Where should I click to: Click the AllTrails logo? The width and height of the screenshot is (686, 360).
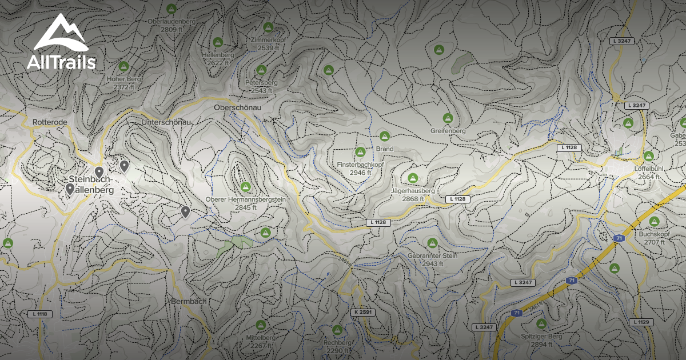(61, 43)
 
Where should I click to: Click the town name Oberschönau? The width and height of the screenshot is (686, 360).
(237, 107)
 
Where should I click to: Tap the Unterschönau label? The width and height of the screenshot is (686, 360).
(166, 122)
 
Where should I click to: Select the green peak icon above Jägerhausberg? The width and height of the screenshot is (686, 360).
(413, 178)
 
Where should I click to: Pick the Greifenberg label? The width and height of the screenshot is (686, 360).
(448, 131)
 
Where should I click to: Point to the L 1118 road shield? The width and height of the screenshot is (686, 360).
(39, 314)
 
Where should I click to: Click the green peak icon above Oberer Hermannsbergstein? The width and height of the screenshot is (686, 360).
(246, 187)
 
